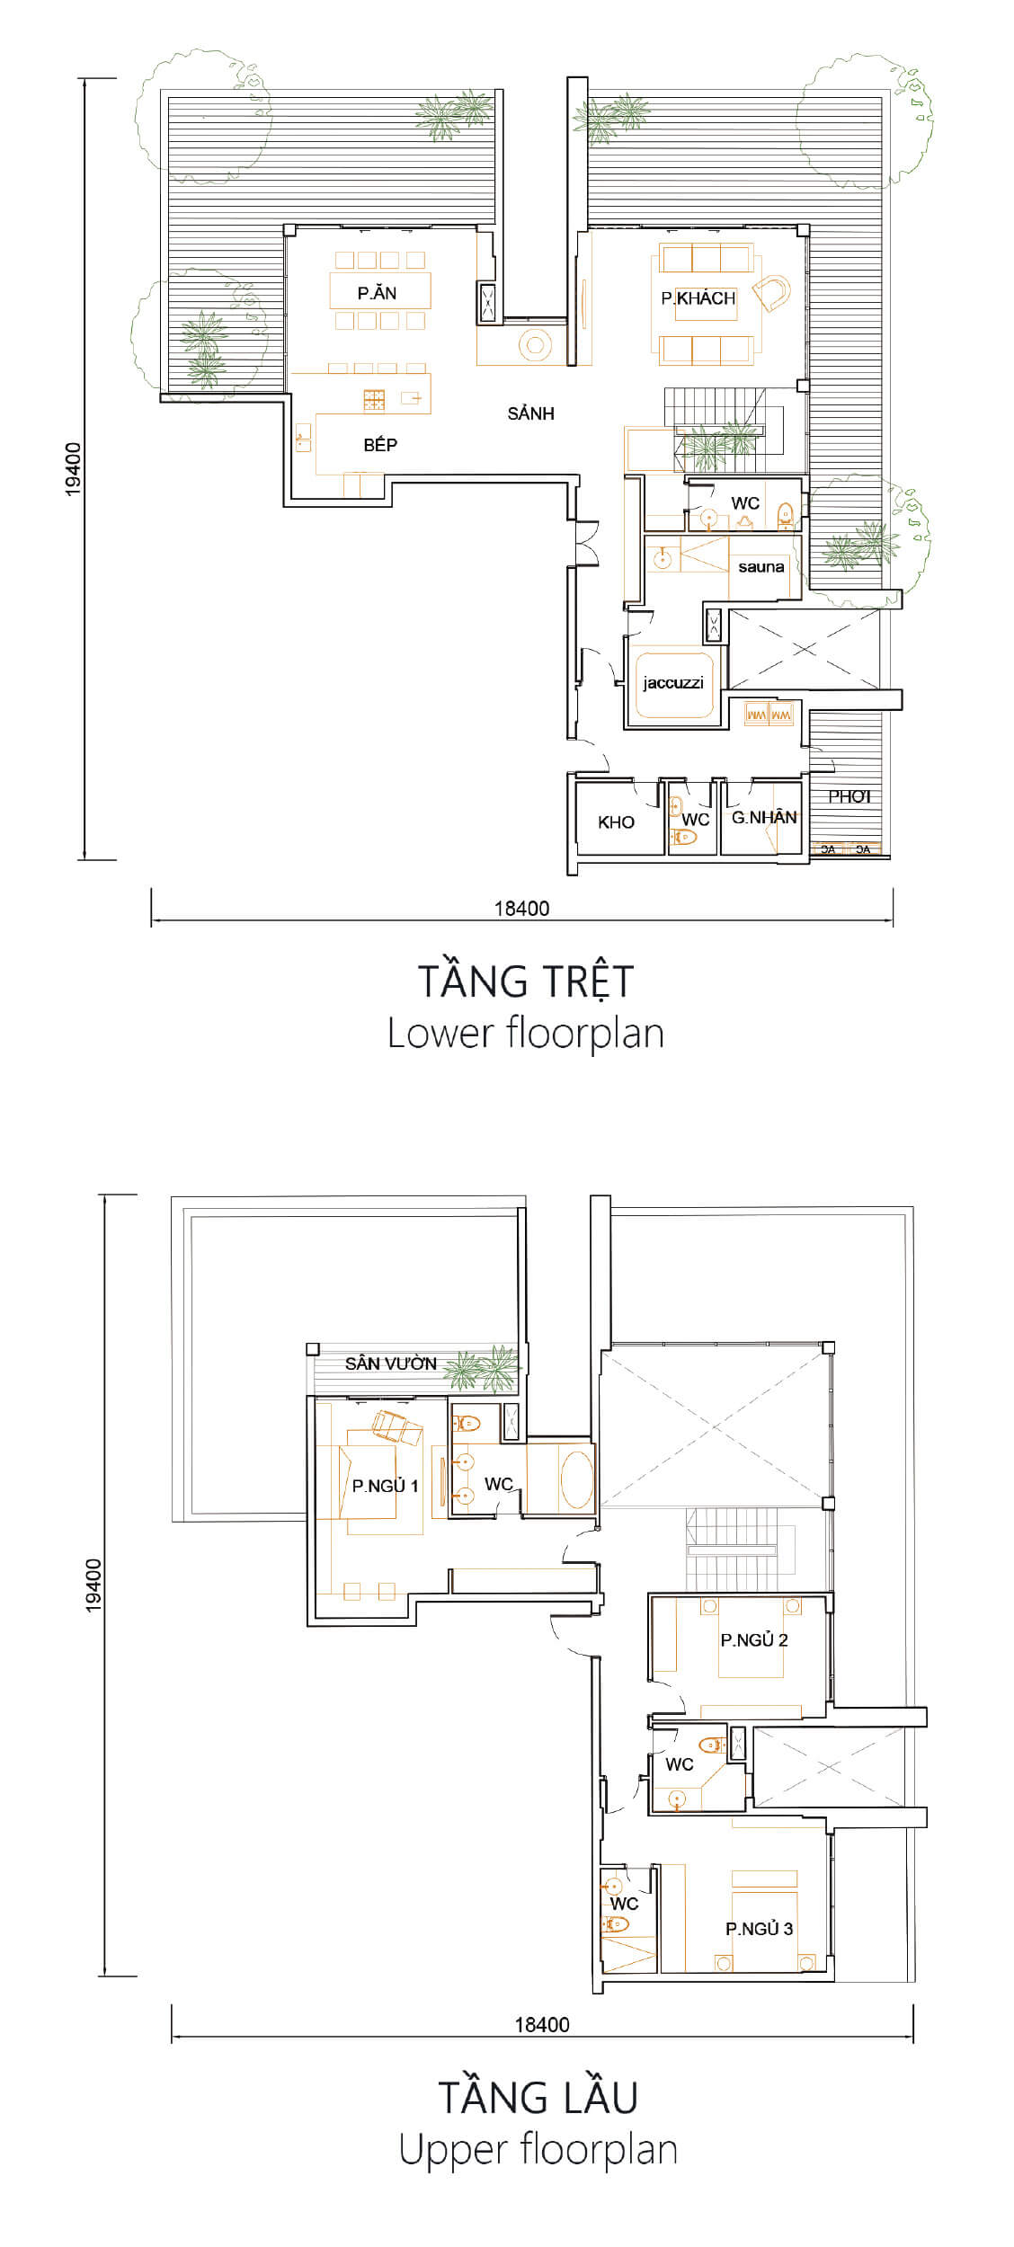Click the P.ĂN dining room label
point(377,293)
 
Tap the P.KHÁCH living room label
point(698,298)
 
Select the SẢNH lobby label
point(530,413)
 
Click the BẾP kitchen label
point(380,445)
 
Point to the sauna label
point(760,567)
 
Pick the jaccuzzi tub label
point(672,683)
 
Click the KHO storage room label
point(616,822)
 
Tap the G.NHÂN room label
point(764,817)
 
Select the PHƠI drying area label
point(849,796)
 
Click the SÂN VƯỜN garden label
point(390,1363)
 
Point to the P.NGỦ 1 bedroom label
point(385,1486)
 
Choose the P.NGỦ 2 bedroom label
point(753,1640)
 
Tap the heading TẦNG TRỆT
point(526,981)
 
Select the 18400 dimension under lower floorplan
point(521,908)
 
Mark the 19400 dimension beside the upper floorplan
point(93,1585)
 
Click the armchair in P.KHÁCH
point(771,291)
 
